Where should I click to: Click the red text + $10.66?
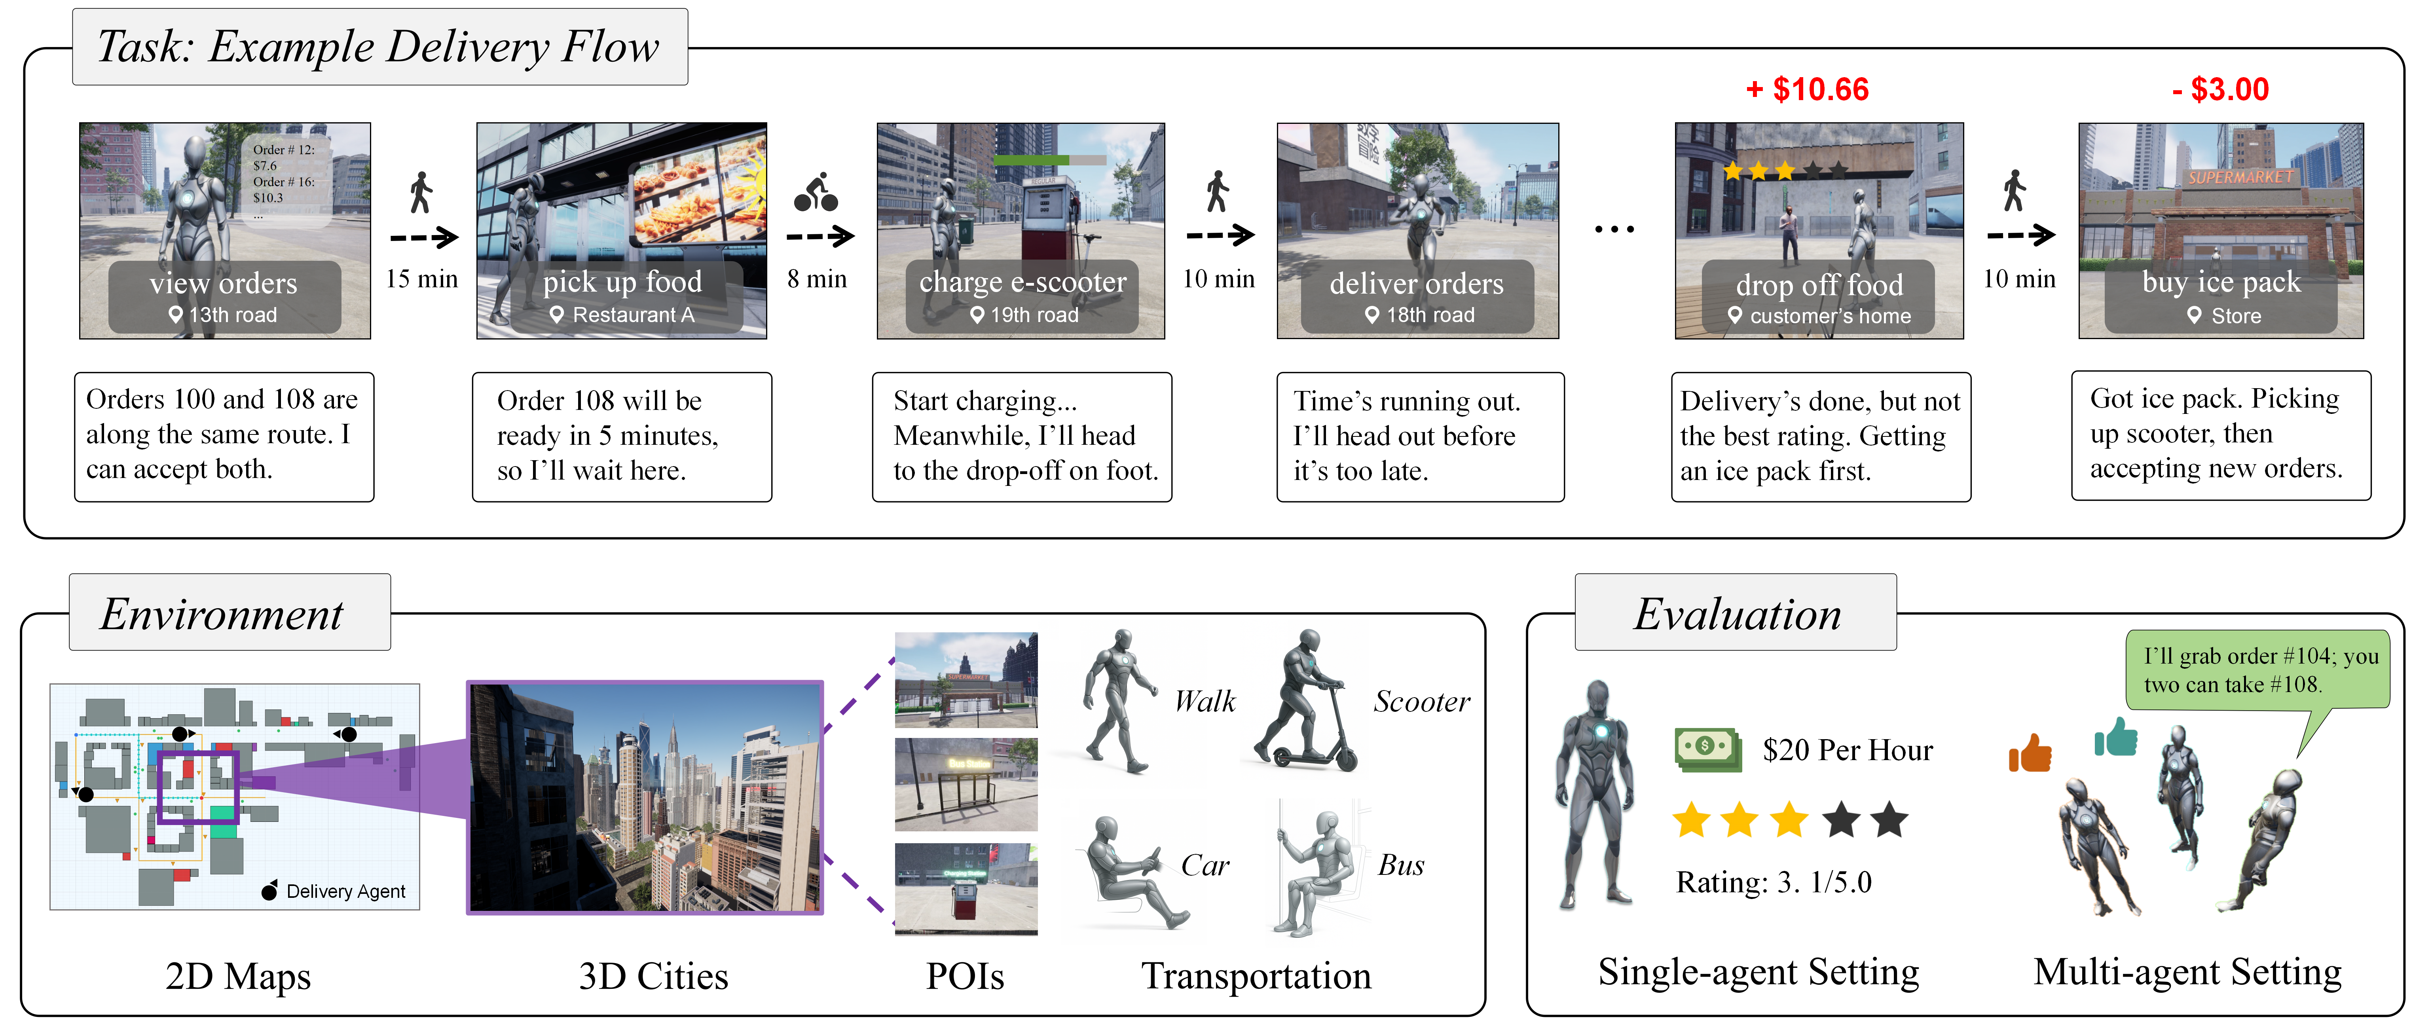coord(1806,89)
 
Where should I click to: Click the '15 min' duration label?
coord(422,279)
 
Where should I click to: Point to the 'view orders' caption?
coord(224,283)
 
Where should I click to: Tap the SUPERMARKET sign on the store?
coord(2239,176)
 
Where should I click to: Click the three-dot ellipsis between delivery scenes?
coord(1614,229)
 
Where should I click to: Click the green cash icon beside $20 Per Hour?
coord(1707,749)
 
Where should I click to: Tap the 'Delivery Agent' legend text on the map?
coord(345,891)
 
